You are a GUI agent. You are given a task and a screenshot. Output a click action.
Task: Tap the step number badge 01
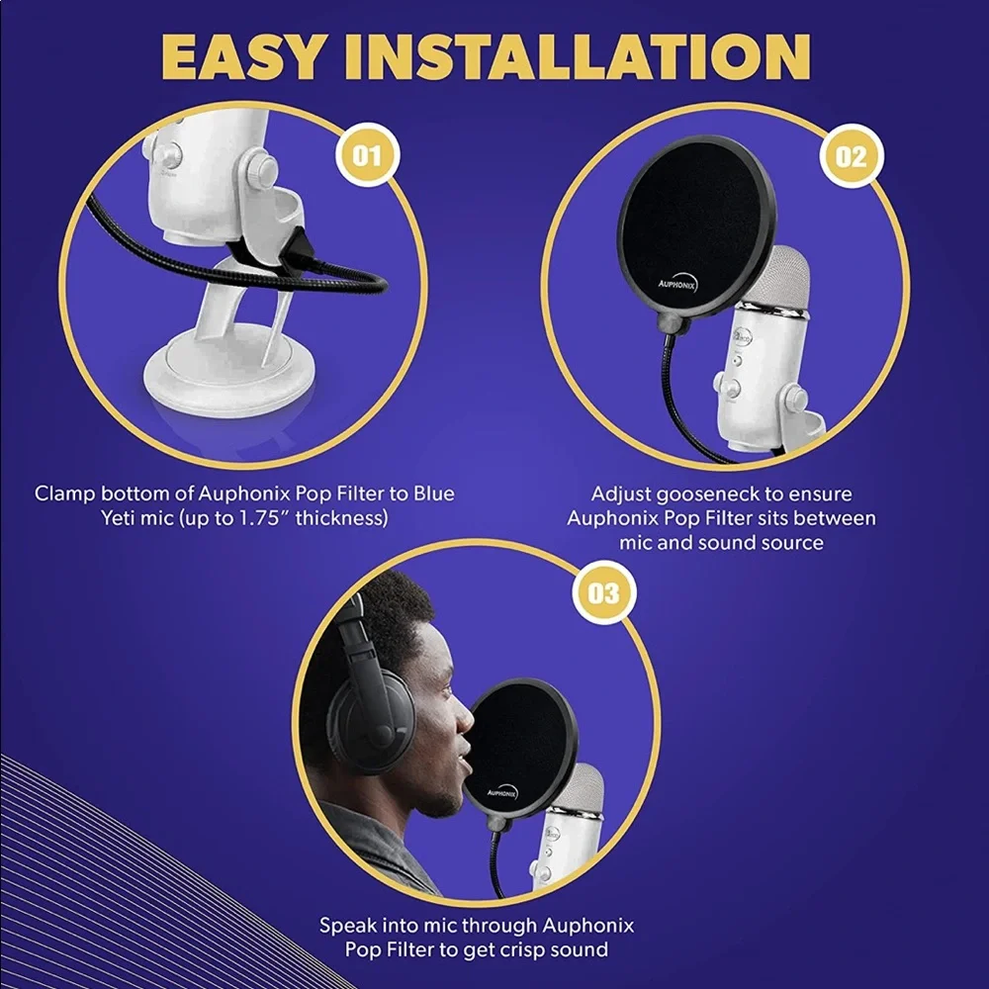tap(367, 155)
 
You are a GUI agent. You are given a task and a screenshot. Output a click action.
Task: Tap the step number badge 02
tap(852, 156)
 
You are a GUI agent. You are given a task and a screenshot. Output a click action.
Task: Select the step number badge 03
tap(604, 592)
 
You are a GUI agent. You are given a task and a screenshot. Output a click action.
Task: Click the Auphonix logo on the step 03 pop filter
tap(502, 792)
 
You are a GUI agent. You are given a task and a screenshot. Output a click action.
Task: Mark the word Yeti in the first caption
tap(116, 518)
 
